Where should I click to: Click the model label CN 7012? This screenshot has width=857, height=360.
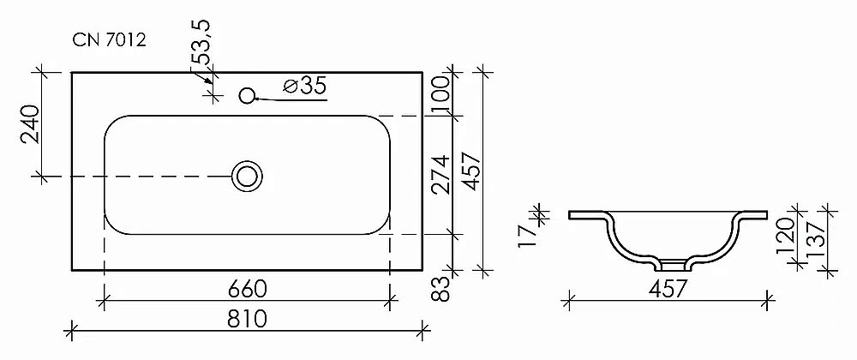pyautogui.click(x=110, y=40)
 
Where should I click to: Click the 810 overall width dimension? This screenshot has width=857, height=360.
pyautogui.click(x=249, y=318)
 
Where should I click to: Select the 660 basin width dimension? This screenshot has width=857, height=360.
pyautogui.click(x=248, y=289)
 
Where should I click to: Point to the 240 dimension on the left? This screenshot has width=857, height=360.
pyautogui.click(x=30, y=124)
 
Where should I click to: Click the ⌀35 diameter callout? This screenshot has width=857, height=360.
pyautogui.click(x=305, y=86)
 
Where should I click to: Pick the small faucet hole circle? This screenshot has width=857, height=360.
pyautogui.click(x=248, y=96)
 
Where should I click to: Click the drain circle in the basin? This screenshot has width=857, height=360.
pyautogui.click(x=247, y=177)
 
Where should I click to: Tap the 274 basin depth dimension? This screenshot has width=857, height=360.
pyautogui.click(x=440, y=175)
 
